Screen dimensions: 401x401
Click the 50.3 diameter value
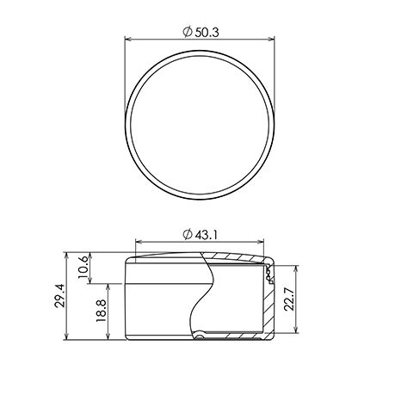pos(207,33)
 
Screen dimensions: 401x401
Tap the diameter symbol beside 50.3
pos(188,32)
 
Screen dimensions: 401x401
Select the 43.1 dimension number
pos(207,235)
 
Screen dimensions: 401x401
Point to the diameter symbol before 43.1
pos(188,235)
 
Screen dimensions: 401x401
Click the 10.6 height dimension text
pos(83,267)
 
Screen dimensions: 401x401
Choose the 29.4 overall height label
pos(59,296)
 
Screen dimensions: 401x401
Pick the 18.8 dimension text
pos(102,311)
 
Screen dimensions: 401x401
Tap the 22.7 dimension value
pos(289,299)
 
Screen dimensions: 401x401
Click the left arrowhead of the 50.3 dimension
pos(128,39)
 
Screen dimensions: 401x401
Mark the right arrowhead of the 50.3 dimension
pos(271,39)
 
